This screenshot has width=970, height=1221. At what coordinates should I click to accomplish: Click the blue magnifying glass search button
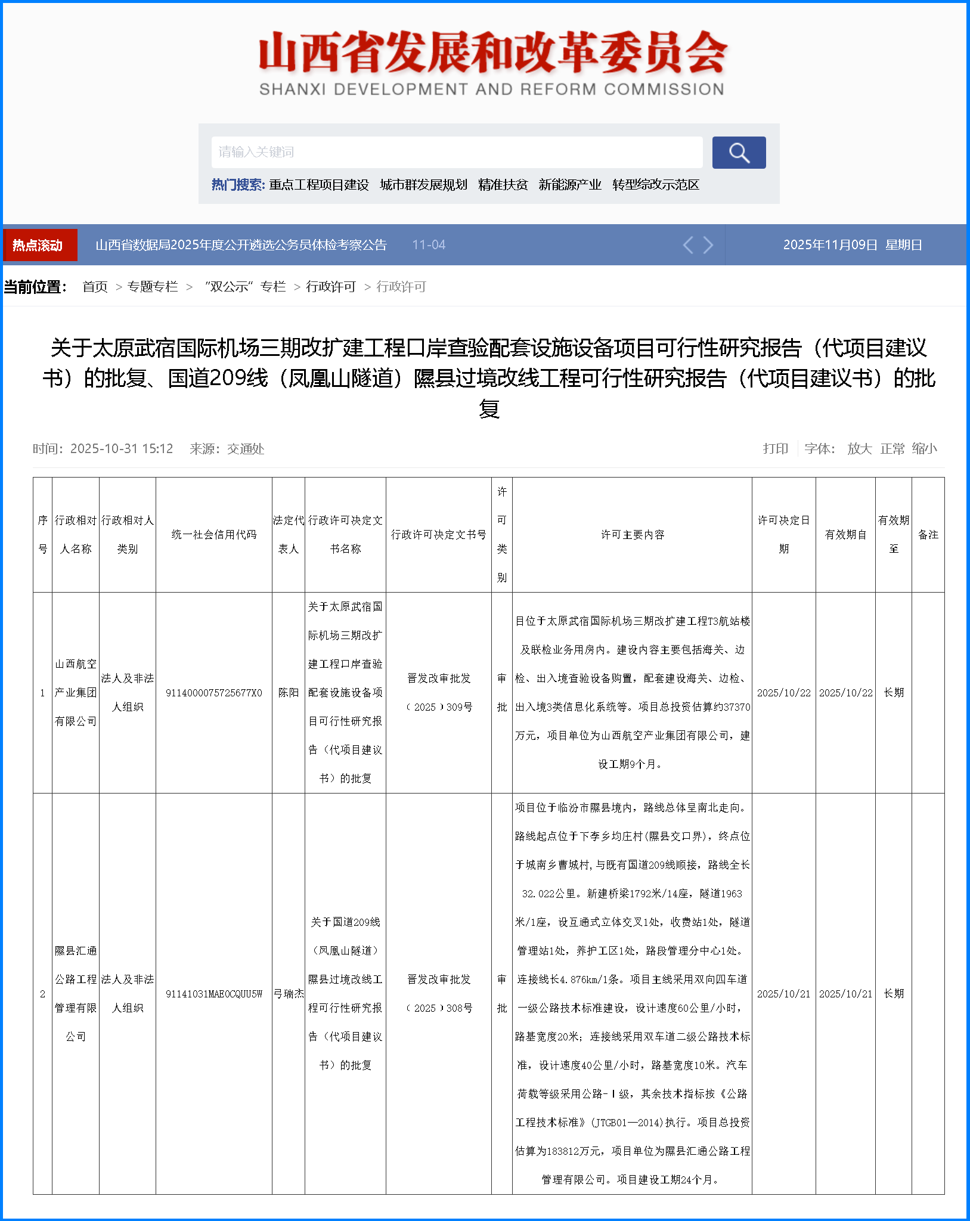(x=739, y=153)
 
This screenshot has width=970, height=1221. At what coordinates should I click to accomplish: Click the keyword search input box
(x=457, y=153)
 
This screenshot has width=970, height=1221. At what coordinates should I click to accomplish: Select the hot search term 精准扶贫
(x=503, y=185)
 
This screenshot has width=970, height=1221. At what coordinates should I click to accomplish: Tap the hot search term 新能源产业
(x=569, y=185)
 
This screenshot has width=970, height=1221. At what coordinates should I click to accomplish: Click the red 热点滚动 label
(x=39, y=245)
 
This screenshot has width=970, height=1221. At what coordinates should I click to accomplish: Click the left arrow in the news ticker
(x=688, y=245)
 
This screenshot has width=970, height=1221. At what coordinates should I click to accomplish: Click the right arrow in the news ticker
(x=708, y=245)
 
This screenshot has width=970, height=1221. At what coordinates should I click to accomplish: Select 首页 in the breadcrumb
(x=95, y=287)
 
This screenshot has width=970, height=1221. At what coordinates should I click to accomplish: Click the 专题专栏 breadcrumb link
(x=153, y=287)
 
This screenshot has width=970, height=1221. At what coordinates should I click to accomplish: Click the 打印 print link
(x=775, y=449)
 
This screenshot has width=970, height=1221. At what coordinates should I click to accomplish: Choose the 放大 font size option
(x=859, y=449)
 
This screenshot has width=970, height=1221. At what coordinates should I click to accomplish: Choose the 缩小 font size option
(x=924, y=449)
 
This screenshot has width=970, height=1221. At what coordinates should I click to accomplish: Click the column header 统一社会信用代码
(x=214, y=535)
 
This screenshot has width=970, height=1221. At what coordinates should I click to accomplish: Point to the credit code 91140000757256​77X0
(x=214, y=693)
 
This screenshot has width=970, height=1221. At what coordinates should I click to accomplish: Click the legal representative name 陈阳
(x=289, y=693)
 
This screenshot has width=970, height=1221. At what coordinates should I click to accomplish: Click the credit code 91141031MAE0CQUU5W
(x=214, y=994)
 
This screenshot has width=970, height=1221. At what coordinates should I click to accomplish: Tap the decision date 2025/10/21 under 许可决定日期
(x=783, y=994)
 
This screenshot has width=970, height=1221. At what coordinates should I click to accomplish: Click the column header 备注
(x=928, y=535)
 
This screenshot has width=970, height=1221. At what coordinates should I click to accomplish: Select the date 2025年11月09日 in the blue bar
(x=830, y=245)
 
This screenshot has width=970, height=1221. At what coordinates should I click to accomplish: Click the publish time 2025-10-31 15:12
(x=122, y=449)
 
